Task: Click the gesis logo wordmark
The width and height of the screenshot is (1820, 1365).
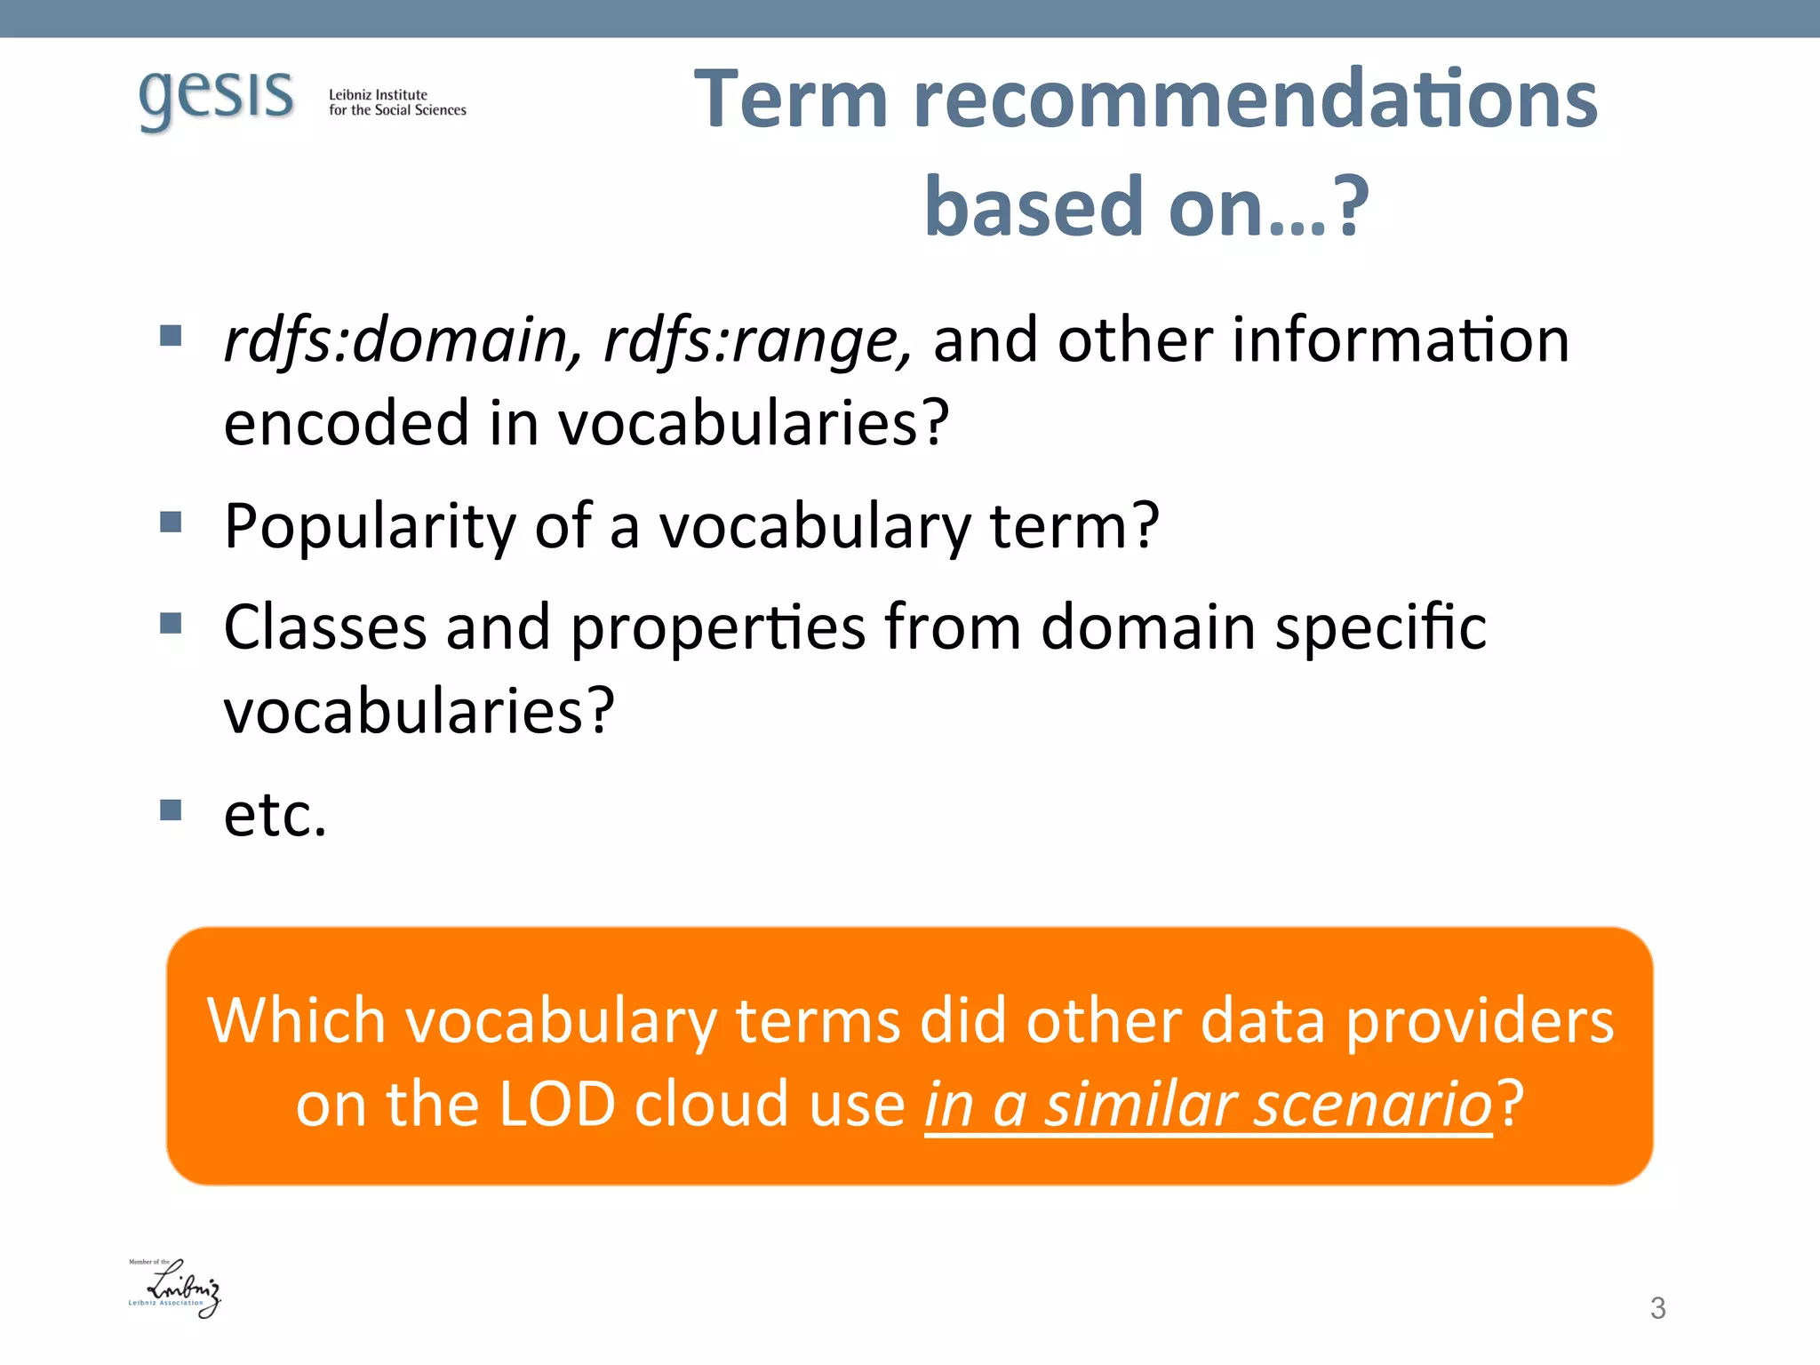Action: pyautogui.click(x=216, y=98)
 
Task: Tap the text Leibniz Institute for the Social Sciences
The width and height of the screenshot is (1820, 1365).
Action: pyautogui.click(x=396, y=102)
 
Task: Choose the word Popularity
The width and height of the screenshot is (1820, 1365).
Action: pyautogui.click(x=369, y=526)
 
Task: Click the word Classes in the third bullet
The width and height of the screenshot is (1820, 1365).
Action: pyautogui.click(x=324, y=627)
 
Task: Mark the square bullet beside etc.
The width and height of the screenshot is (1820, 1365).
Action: pyautogui.click(x=171, y=810)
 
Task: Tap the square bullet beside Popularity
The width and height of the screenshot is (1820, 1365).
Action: pyautogui.click(x=171, y=522)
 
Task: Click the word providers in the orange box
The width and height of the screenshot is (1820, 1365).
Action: pyautogui.click(x=1480, y=1021)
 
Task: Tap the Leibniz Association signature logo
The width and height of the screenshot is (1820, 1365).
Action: pyautogui.click(x=175, y=1288)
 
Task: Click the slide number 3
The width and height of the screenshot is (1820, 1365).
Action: pyautogui.click(x=1657, y=1308)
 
